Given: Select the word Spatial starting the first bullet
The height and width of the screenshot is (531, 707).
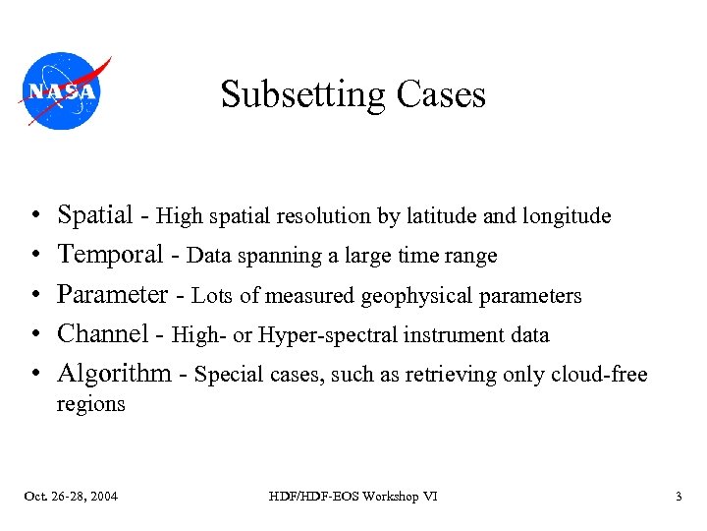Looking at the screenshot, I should [x=95, y=215].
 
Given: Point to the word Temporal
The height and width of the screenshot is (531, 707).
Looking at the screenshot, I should [x=110, y=255].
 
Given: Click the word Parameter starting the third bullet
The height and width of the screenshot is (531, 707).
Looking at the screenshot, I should [x=113, y=295].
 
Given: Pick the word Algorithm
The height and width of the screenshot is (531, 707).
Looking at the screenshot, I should [x=114, y=374].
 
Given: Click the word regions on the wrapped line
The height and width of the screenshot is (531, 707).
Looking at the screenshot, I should [x=90, y=404].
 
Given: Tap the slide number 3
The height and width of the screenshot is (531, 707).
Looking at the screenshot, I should [x=678, y=497].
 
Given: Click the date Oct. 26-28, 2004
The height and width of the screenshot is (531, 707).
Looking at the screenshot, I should [x=71, y=497].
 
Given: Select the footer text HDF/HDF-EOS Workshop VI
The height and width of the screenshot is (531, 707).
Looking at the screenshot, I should [x=353, y=497].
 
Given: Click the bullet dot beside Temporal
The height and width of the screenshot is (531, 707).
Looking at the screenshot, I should [x=33, y=256].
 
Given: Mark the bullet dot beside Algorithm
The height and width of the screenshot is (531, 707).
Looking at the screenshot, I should [x=33, y=375].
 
